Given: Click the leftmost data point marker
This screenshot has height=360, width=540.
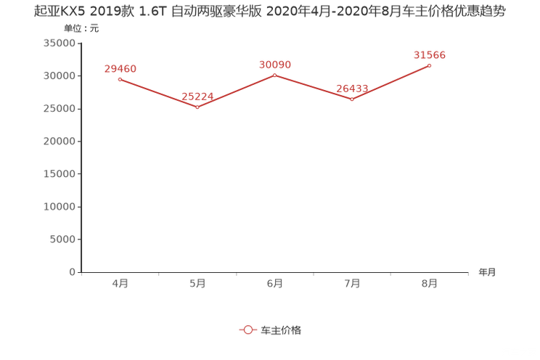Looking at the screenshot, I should coord(119,78).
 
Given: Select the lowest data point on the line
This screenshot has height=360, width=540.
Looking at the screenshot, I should coord(197,107).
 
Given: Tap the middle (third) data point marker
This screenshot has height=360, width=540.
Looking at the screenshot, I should coord(274,75).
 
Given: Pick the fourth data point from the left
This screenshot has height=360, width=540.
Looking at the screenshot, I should coord(352,99).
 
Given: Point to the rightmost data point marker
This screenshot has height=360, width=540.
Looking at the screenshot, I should coord(430,65).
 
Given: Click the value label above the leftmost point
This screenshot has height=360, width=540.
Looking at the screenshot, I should coord(120,68).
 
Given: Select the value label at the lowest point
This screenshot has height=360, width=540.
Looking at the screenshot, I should coord(197,97).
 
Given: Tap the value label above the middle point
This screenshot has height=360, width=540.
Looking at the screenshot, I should coord(274,65).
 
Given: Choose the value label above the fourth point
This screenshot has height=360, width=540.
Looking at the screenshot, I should coord(352,89).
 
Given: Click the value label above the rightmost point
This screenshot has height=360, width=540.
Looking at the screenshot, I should coord(429,54).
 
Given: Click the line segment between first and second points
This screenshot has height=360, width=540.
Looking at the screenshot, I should coord(157,92).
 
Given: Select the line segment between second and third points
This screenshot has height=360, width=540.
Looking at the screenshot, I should coord(235,91).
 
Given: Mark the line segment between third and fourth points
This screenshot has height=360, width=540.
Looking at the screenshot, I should coord(313,87).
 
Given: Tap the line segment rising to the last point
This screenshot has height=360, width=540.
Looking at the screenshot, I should coord(390,83).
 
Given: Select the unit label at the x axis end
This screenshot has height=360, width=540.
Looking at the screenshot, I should coord(487,273).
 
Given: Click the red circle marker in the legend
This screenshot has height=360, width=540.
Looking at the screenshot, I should coord(248,330).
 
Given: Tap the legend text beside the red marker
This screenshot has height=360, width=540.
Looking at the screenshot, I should coord(280,330).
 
